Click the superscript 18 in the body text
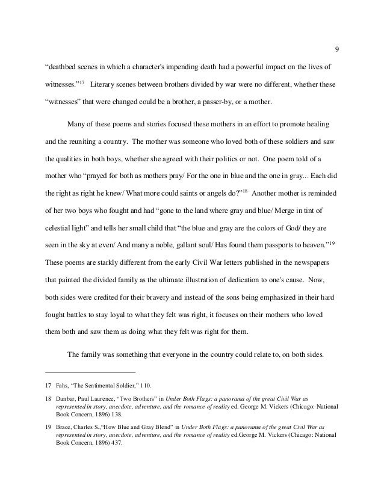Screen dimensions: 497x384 pos(246,191)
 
